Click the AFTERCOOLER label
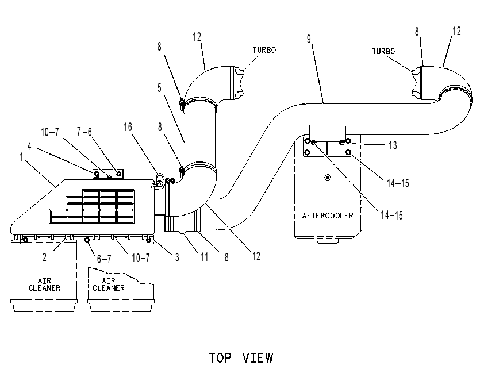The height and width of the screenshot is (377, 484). coord(328,216)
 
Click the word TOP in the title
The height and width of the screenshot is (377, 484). coord(220,358)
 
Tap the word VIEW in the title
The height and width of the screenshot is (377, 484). coord(258,358)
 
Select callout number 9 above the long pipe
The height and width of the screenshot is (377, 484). coord(309,39)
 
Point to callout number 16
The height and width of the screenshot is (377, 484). coord(128,127)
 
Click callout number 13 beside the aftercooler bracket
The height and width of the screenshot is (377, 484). coord(393,145)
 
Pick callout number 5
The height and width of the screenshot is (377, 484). coord(159,88)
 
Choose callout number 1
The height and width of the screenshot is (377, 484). coord(22,157)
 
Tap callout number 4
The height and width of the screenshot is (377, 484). coord(30,145)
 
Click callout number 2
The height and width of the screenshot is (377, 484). coord(44,257)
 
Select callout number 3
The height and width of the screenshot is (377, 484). coord(177,257)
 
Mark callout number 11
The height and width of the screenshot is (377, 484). coord(204,257)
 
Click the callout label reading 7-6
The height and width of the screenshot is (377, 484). coord(84,132)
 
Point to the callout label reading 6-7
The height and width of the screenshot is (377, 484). coord(104,259)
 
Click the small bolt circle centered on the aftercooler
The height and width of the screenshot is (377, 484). coord(328,178)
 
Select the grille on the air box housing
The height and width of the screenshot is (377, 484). coord(91,206)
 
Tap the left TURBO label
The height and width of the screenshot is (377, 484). coord(264,50)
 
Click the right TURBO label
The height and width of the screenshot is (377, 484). coord(383,51)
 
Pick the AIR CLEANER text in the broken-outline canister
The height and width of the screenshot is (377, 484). coord(108,284)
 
